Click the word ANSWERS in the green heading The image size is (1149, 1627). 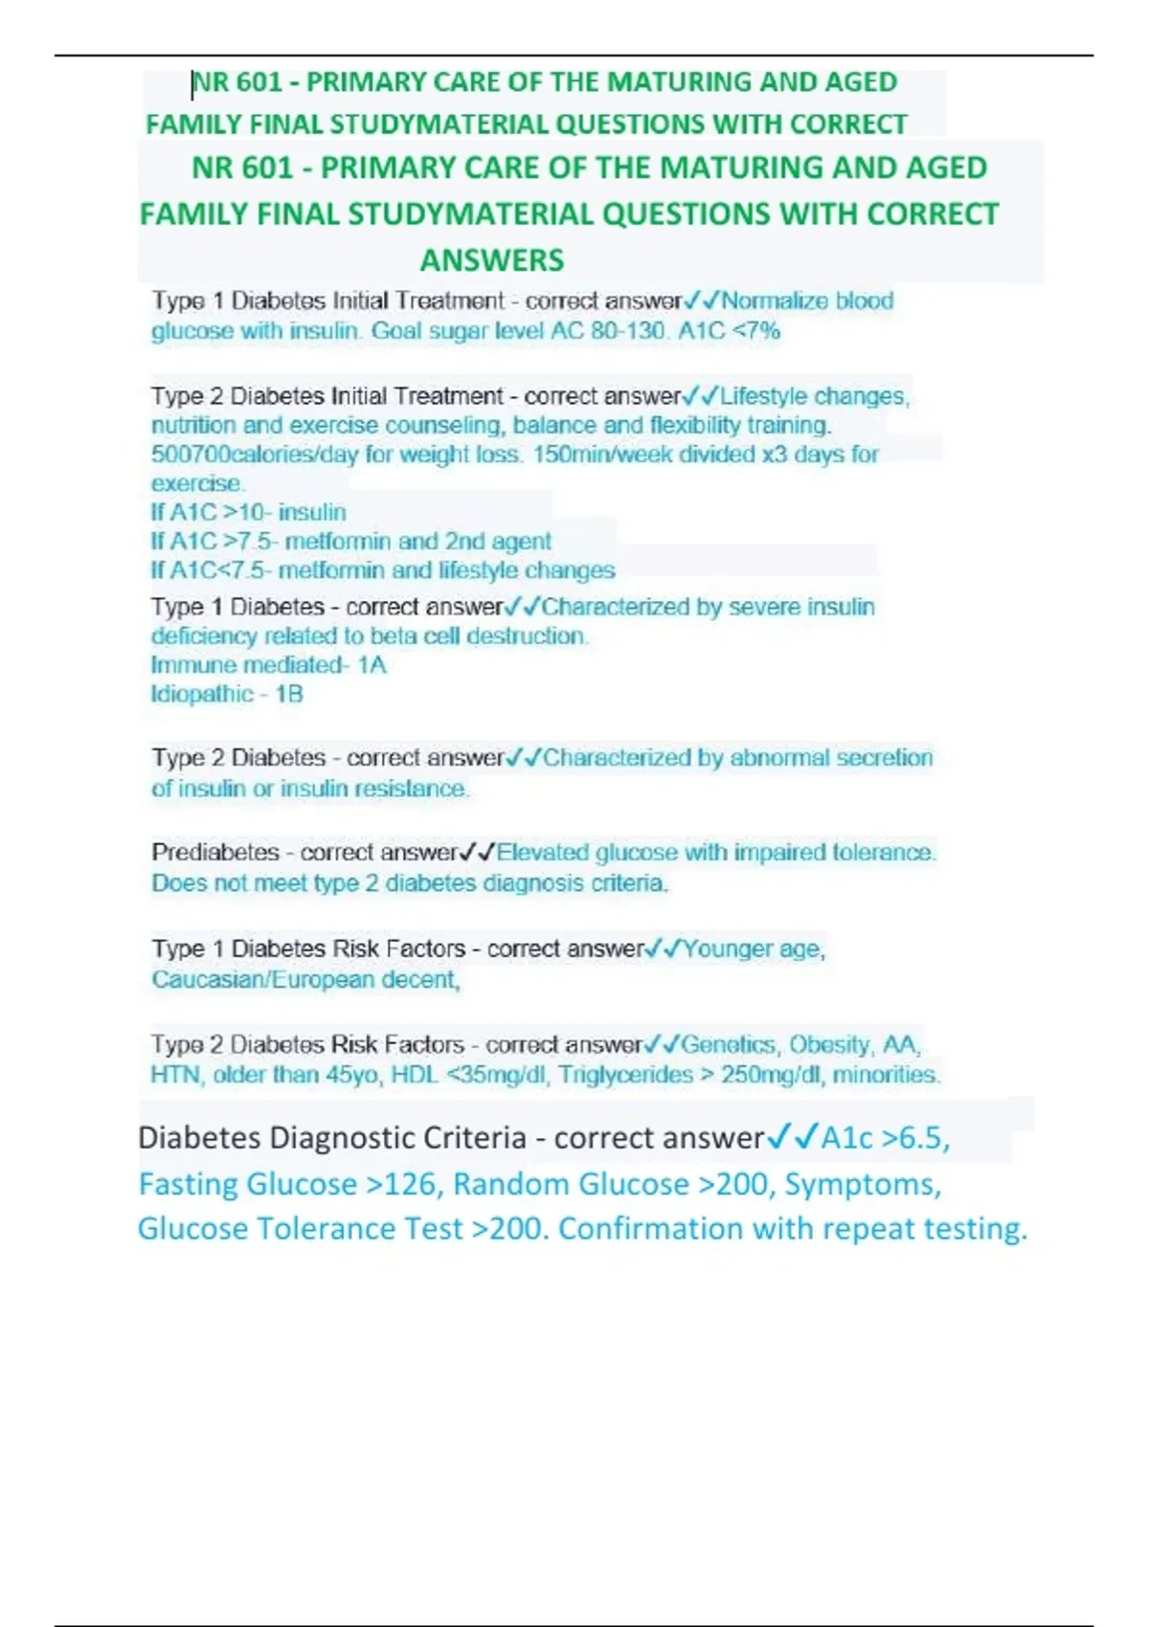(492, 260)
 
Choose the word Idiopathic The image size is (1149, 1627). (201, 694)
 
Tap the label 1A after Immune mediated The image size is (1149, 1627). (372, 665)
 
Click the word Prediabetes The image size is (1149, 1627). (214, 853)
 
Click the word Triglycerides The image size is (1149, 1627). (625, 1075)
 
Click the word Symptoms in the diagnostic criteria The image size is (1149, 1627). (862, 1185)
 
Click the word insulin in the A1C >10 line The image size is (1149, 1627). (312, 513)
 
